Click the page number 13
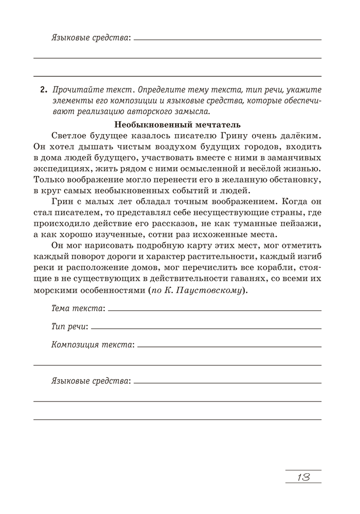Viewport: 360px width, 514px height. click(303, 476)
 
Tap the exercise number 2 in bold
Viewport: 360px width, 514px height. click(43, 90)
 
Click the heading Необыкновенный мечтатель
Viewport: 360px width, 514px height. click(177, 124)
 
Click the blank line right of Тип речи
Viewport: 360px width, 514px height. click(206, 328)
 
